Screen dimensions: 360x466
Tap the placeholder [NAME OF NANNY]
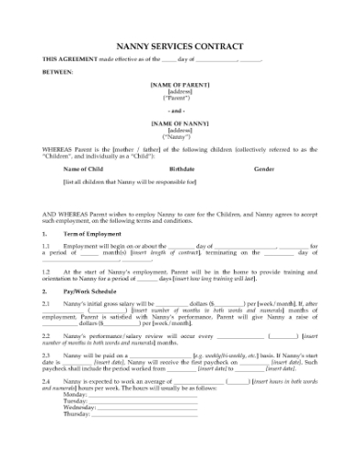click(x=179, y=122)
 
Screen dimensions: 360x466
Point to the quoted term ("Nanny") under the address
click(x=179, y=135)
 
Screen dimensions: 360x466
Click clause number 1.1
click(x=46, y=246)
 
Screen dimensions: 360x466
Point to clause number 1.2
click(x=46, y=273)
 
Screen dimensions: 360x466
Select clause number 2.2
click(x=46, y=335)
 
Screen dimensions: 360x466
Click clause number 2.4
click(x=46, y=378)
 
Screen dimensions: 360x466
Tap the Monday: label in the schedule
click(x=76, y=394)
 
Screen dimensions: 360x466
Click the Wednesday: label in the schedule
click(x=80, y=407)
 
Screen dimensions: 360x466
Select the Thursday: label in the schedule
click(x=78, y=414)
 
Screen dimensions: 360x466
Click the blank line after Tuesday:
click(x=146, y=401)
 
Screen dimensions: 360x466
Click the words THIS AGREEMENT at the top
click(x=69, y=58)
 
